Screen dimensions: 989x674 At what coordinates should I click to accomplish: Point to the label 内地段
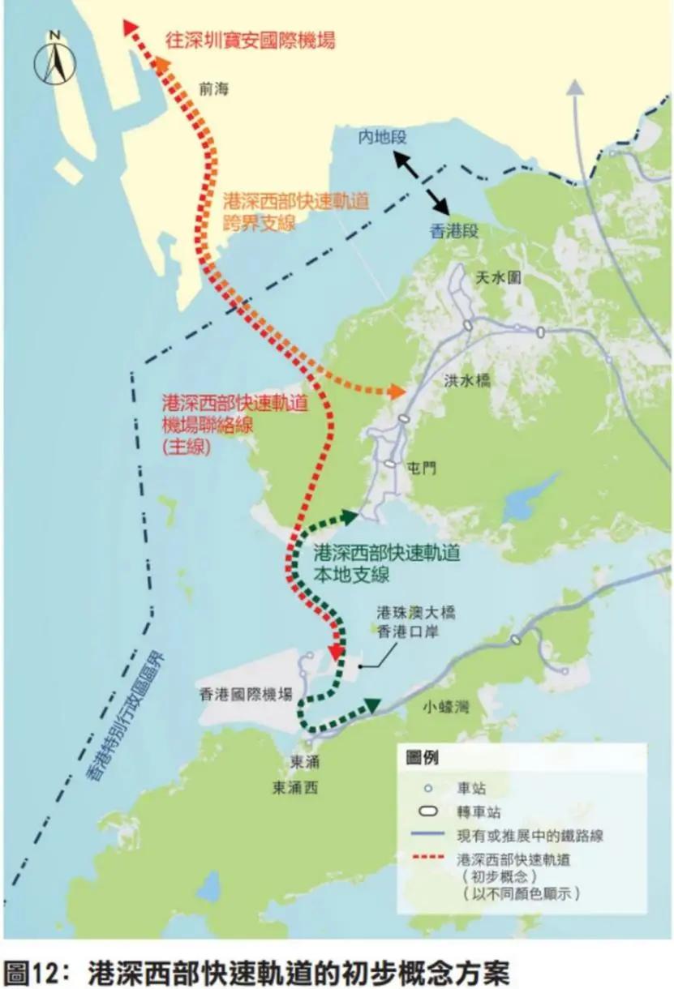381,138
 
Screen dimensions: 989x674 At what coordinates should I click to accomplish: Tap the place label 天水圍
498,278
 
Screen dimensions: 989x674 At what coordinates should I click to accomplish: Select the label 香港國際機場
244,694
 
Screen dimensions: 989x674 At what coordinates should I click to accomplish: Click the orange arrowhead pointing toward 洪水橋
397,392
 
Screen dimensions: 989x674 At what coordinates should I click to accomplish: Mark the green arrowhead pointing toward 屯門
350,516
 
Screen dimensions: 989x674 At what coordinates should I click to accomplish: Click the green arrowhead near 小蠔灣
374,705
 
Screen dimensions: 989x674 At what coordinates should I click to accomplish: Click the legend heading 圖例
422,759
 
